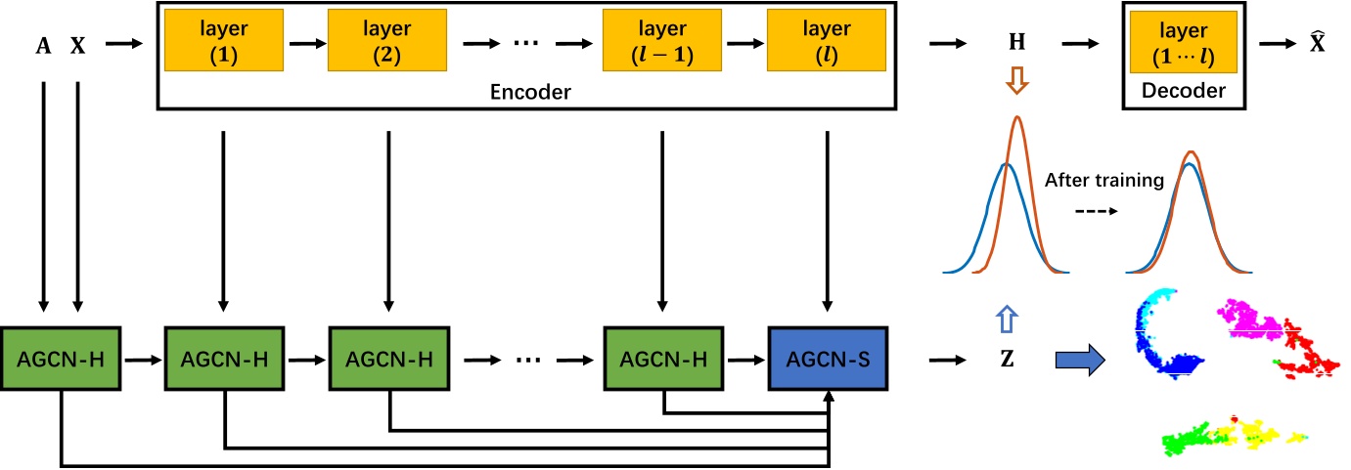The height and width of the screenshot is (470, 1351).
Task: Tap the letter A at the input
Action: (x=43, y=45)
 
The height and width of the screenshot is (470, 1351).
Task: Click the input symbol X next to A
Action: (x=77, y=45)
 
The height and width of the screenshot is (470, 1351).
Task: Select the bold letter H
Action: (x=1018, y=45)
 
